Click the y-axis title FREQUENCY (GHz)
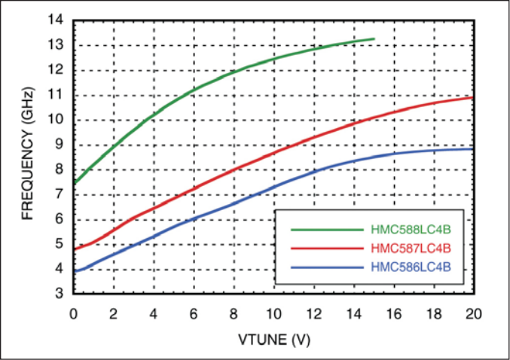tap(28, 157)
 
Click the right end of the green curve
tap(373, 38)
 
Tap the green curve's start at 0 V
tap(74, 182)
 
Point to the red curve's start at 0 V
tap(74, 249)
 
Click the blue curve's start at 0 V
tap(74, 270)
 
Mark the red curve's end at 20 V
tap(472, 97)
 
